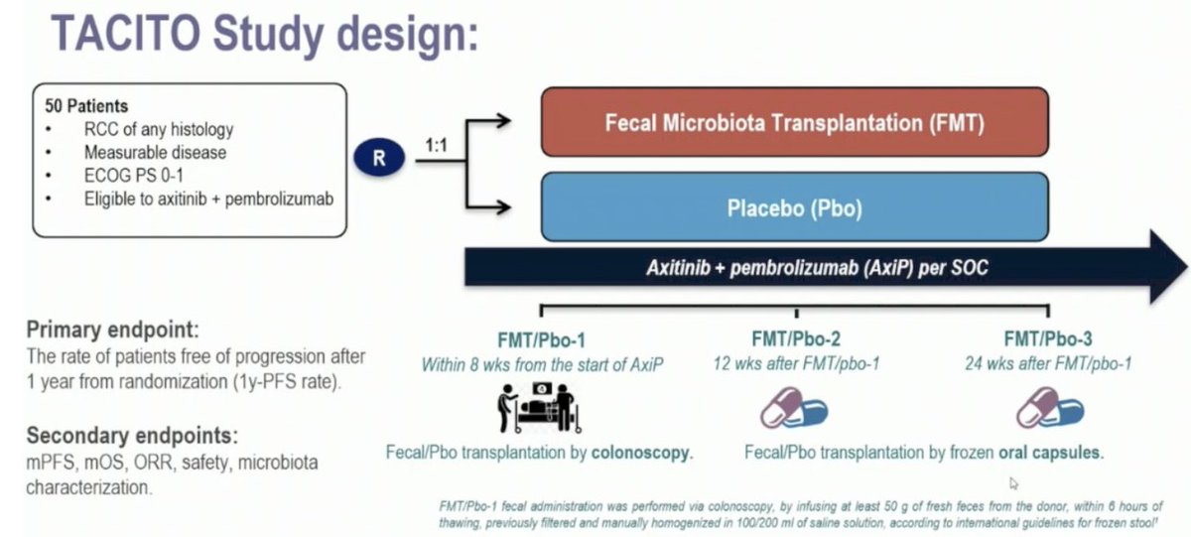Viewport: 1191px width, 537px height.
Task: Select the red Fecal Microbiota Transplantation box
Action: pos(794,123)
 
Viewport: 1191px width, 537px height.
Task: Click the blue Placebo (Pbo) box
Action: pos(794,206)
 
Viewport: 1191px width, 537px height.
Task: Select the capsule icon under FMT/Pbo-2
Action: pos(793,407)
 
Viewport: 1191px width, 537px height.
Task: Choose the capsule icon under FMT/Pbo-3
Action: pos(1048,407)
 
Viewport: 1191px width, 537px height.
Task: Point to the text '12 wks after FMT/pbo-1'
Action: pos(795,363)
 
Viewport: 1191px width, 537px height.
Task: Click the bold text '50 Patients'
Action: pos(86,106)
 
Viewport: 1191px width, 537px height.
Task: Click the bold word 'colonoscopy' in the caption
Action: pos(639,453)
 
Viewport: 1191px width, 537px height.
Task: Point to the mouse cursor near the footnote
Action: pos(1013,483)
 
